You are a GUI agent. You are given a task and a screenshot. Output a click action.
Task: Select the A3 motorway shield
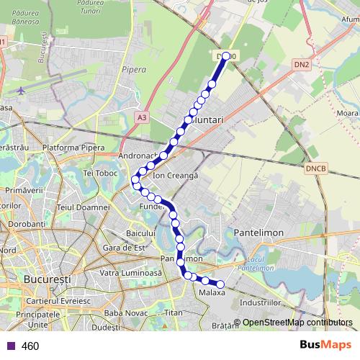(142, 116)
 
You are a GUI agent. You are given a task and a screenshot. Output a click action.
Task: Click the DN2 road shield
(302, 64)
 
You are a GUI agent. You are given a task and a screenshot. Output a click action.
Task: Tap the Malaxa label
(212, 293)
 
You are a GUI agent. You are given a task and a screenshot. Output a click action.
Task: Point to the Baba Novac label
(125, 313)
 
